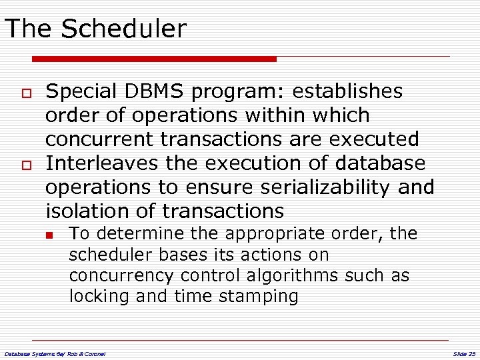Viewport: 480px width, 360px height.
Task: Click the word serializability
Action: click(321, 187)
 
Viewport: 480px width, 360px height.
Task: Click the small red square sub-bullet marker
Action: click(49, 235)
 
